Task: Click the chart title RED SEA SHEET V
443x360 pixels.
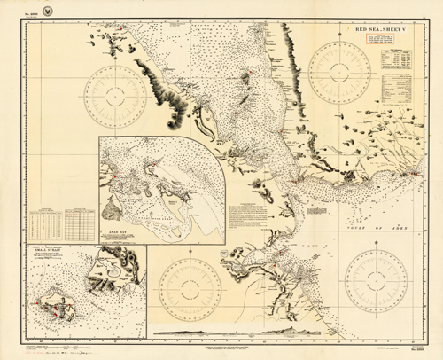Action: pos(381,30)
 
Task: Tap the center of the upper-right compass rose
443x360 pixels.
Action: pos(340,64)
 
